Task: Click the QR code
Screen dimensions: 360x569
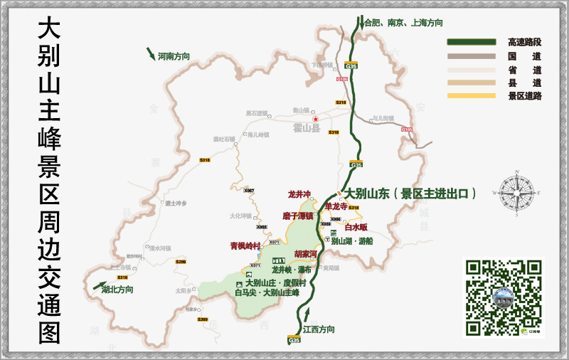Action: [x=503, y=297]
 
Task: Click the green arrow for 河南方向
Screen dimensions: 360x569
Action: [x=151, y=53]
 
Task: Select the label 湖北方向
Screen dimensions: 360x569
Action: [x=117, y=290]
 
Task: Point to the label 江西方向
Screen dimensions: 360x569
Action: [x=319, y=329]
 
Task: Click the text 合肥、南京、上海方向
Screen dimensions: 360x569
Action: [x=403, y=23]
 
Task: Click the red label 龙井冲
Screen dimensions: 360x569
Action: [x=299, y=194]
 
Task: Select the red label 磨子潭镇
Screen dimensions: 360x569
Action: [x=297, y=216]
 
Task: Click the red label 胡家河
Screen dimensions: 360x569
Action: [x=306, y=253]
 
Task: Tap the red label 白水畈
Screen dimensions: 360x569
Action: [x=356, y=228]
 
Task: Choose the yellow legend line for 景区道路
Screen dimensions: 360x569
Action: [x=471, y=95]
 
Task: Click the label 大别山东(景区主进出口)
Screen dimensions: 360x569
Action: [x=410, y=194]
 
